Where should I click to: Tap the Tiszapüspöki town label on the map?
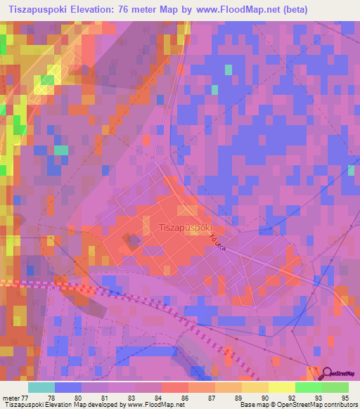186,227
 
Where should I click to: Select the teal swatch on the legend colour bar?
41,387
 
